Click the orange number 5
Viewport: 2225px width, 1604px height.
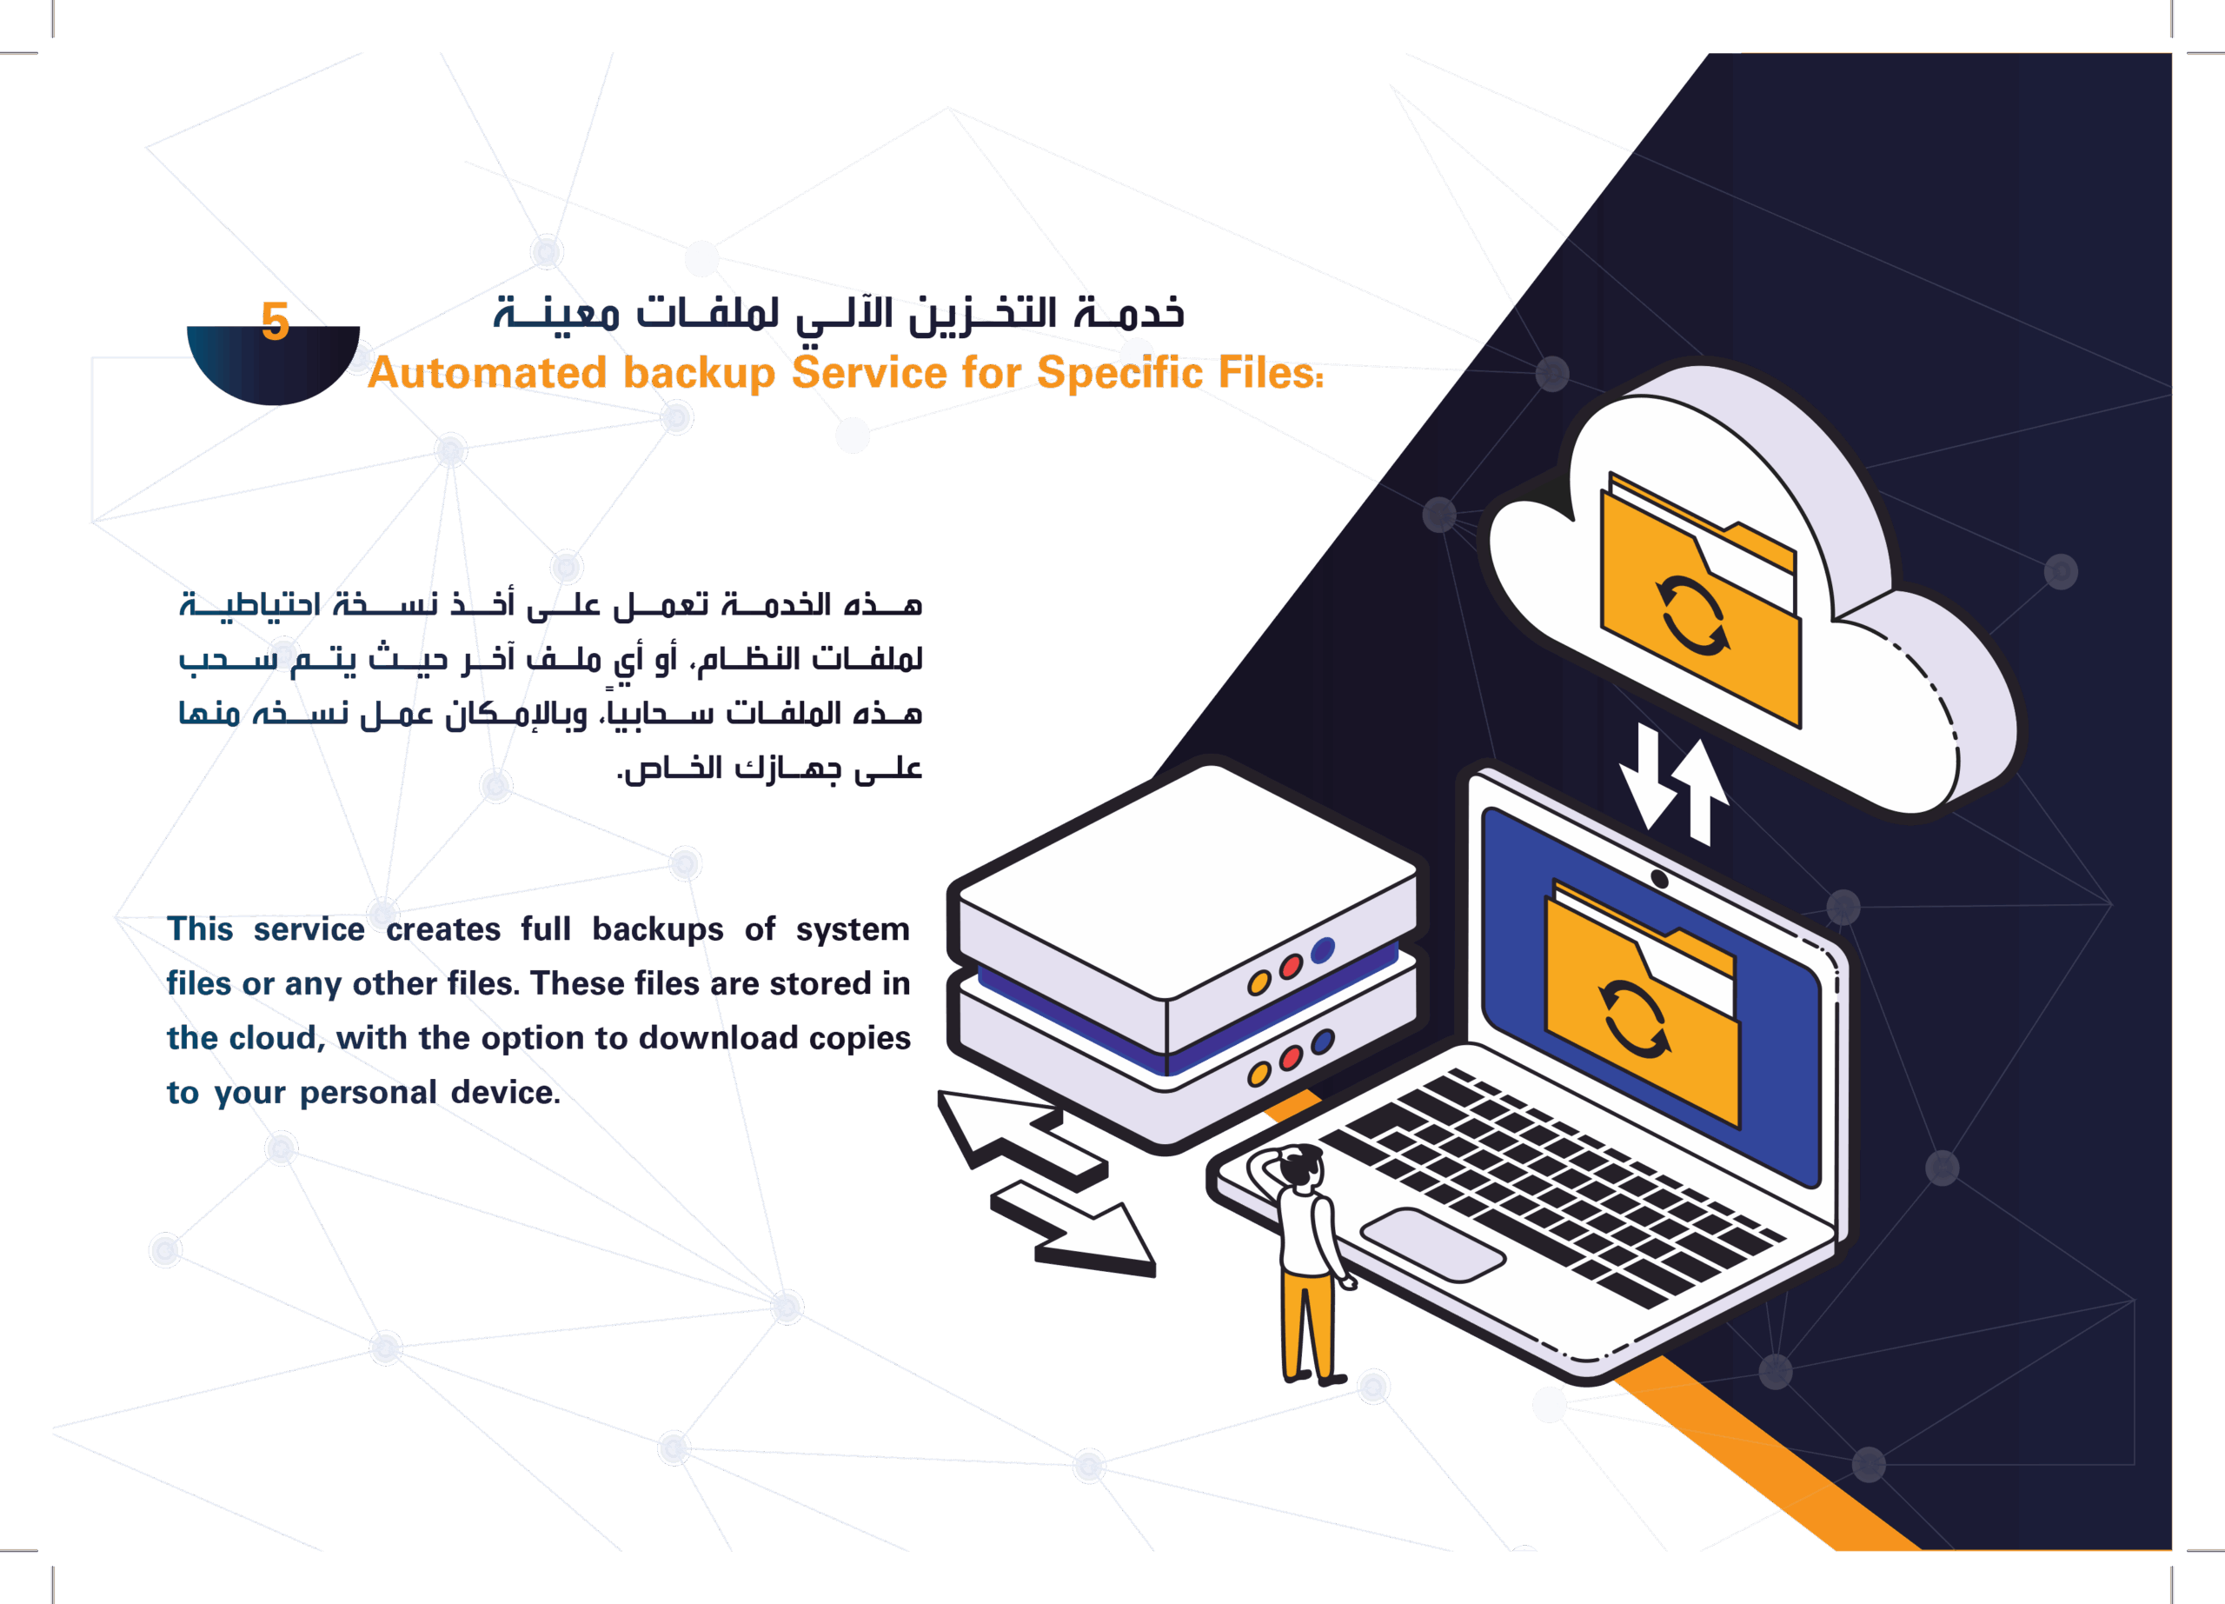[276, 321]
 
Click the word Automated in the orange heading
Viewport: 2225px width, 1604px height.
[487, 374]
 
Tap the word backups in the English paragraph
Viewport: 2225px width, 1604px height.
[657, 930]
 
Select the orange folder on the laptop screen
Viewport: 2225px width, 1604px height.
[1641, 1010]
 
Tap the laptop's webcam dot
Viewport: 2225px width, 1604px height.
[1660, 879]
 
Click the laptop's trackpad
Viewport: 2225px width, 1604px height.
[1432, 1244]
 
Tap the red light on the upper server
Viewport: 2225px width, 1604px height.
[1290, 968]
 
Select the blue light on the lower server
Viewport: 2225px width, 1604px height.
[1323, 1041]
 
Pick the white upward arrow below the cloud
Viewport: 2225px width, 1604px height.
[1701, 789]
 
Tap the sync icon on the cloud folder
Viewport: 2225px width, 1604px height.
[1692, 616]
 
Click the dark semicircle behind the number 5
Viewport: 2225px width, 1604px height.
[275, 368]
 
